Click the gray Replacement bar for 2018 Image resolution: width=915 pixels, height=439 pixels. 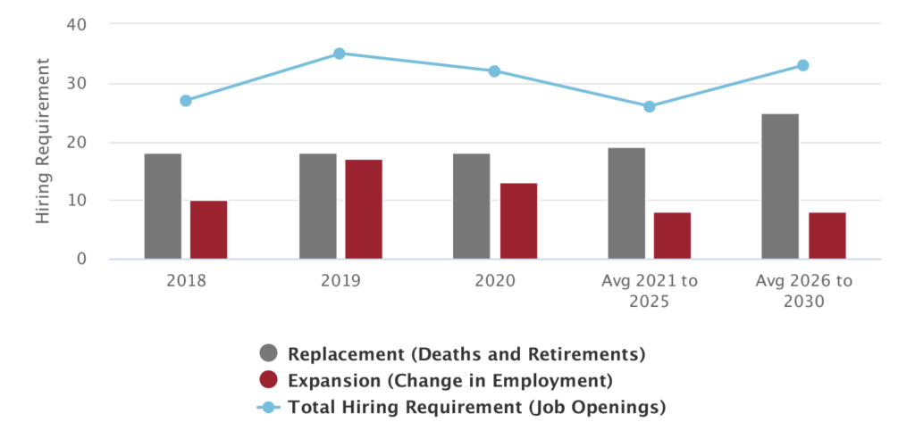163,206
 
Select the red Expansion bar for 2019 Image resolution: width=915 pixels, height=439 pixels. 364,209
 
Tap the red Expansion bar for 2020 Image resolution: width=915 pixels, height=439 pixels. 517,220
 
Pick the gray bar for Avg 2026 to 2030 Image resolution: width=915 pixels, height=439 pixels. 780,186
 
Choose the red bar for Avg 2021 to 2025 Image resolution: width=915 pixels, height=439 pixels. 672,236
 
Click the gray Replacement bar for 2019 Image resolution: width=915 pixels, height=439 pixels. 317,206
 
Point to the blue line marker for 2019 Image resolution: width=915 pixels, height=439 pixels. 340,54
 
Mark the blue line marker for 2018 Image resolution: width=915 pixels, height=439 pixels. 186,101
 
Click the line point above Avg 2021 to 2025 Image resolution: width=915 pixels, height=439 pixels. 650,106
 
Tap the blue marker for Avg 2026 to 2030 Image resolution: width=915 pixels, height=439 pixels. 803,65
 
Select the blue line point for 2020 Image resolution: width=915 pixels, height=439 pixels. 494,71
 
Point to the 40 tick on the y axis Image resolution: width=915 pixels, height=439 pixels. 76,25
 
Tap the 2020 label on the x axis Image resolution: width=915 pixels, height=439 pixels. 494,280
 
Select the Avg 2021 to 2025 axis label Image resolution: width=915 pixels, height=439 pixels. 650,291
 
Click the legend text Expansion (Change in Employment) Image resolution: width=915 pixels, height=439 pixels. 449,381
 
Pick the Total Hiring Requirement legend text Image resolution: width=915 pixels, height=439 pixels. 477,408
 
